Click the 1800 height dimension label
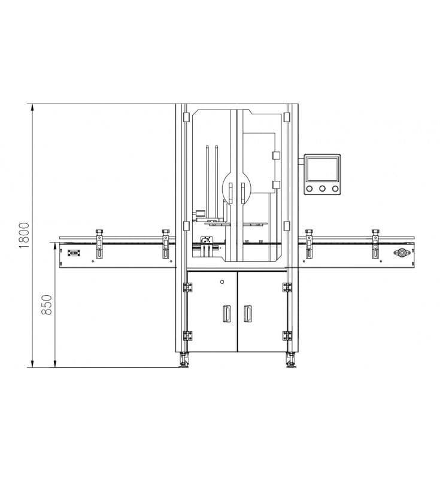[x=24, y=235]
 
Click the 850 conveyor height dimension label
[x=47, y=305]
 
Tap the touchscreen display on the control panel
[x=322, y=169]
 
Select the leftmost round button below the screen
[x=309, y=189]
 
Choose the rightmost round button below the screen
[x=335, y=189]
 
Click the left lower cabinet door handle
[x=227, y=313]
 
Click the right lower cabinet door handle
[x=248, y=313]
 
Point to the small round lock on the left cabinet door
[x=222, y=281]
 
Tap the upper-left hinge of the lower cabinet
[x=187, y=287]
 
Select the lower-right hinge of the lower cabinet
[x=287, y=336]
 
